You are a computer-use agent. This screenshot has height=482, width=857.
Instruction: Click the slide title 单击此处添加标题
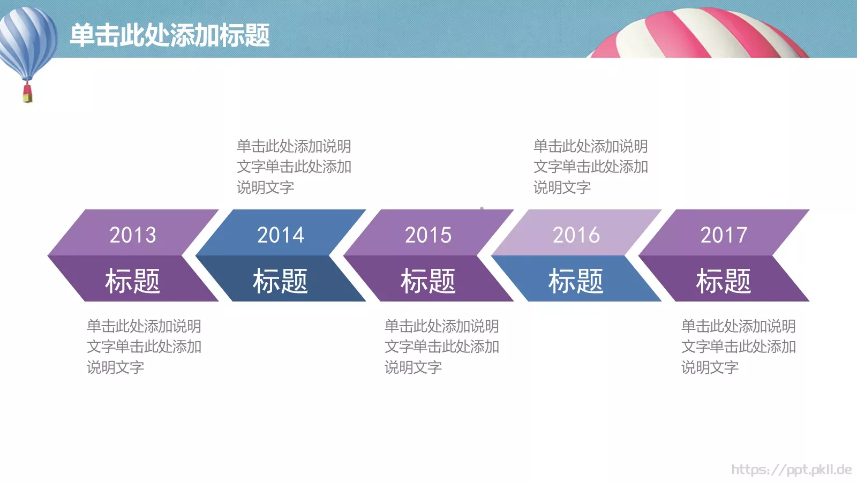pyautogui.click(x=170, y=35)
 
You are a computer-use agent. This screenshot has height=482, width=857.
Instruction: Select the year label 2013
pyautogui.click(x=133, y=235)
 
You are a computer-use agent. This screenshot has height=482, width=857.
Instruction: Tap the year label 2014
pyautogui.click(x=281, y=235)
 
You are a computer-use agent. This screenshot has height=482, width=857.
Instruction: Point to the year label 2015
pyautogui.click(x=428, y=235)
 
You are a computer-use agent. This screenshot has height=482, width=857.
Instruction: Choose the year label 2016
pyautogui.click(x=576, y=235)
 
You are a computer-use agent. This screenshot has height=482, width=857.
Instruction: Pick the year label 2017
pyautogui.click(x=724, y=235)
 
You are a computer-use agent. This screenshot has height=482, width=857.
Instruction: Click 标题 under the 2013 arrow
pyautogui.click(x=133, y=281)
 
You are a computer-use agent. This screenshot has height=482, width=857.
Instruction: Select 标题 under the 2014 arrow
pyautogui.click(x=281, y=281)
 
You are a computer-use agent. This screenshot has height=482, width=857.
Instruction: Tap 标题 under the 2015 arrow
pyautogui.click(x=428, y=281)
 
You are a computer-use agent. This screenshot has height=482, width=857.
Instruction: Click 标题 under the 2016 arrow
pyautogui.click(x=576, y=281)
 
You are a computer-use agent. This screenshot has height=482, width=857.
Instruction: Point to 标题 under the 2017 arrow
pyautogui.click(x=724, y=281)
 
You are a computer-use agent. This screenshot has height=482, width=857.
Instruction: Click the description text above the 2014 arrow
pyautogui.click(x=294, y=167)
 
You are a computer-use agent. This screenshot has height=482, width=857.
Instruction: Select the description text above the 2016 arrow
pyautogui.click(x=591, y=167)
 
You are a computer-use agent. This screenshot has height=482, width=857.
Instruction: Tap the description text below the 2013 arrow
pyautogui.click(x=144, y=347)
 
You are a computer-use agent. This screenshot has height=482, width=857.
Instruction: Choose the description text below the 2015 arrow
pyautogui.click(x=442, y=347)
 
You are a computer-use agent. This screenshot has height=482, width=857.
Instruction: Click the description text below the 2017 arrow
pyautogui.click(x=739, y=347)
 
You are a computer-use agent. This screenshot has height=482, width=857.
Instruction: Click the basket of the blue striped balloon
pyautogui.click(x=27, y=94)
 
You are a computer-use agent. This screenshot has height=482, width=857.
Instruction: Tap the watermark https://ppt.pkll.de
pyautogui.click(x=791, y=470)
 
